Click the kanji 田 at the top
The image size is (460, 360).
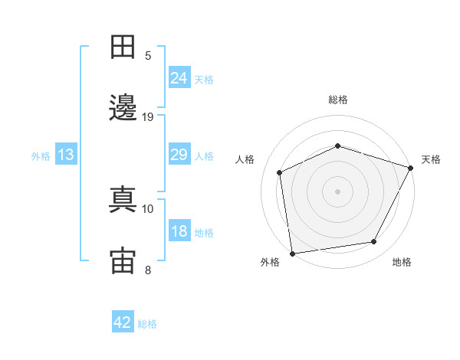(x=123, y=47)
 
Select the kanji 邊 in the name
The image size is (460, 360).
(x=123, y=107)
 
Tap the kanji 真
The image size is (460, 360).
(x=123, y=199)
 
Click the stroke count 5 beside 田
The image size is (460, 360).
(x=148, y=56)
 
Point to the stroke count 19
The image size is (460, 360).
(x=147, y=117)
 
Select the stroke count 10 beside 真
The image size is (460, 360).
(x=147, y=209)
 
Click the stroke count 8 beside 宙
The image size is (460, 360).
(x=148, y=270)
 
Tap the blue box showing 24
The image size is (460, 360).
(x=179, y=77)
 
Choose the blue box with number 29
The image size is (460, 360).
(x=179, y=154)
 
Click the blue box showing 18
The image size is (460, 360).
(x=179, y=230)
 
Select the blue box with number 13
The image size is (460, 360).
(x=66, y=154)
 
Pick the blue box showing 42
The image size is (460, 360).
(x=123, y=321)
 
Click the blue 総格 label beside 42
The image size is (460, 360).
(x=147, y=324)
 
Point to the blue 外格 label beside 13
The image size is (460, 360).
(x=41, y=156)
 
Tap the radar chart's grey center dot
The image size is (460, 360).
(x=337, y=191)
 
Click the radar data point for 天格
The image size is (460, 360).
(x=410, y=168)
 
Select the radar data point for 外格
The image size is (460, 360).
(x=293, y=254)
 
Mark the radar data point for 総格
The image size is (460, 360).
(x=337, y=146)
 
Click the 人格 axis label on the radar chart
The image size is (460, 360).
(x=245, y=159)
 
